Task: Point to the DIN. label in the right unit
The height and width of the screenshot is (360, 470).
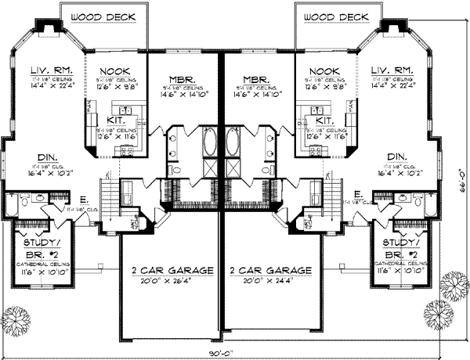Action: coord(396,157)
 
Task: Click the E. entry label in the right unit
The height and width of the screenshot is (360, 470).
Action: coord(357,193)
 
